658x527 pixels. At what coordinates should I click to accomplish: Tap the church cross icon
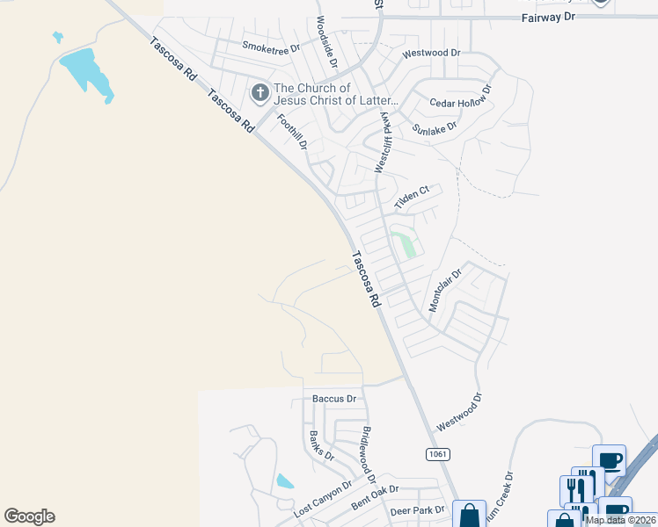tap(260, 92)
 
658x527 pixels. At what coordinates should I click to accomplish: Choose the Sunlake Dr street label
tap(435, 128)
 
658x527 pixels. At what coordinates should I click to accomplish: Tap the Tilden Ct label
tap(411, 197)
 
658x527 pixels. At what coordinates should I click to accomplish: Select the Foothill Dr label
tap(291, 132)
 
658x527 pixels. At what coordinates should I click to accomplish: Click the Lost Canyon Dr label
tap(322, 496)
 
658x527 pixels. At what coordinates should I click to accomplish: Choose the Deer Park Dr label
tap(417, 510)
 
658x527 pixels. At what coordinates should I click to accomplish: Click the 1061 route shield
tap(437, 454)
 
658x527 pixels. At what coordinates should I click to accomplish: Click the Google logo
tap(29, 516)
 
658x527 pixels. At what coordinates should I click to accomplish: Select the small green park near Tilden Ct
tap(406, 242)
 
